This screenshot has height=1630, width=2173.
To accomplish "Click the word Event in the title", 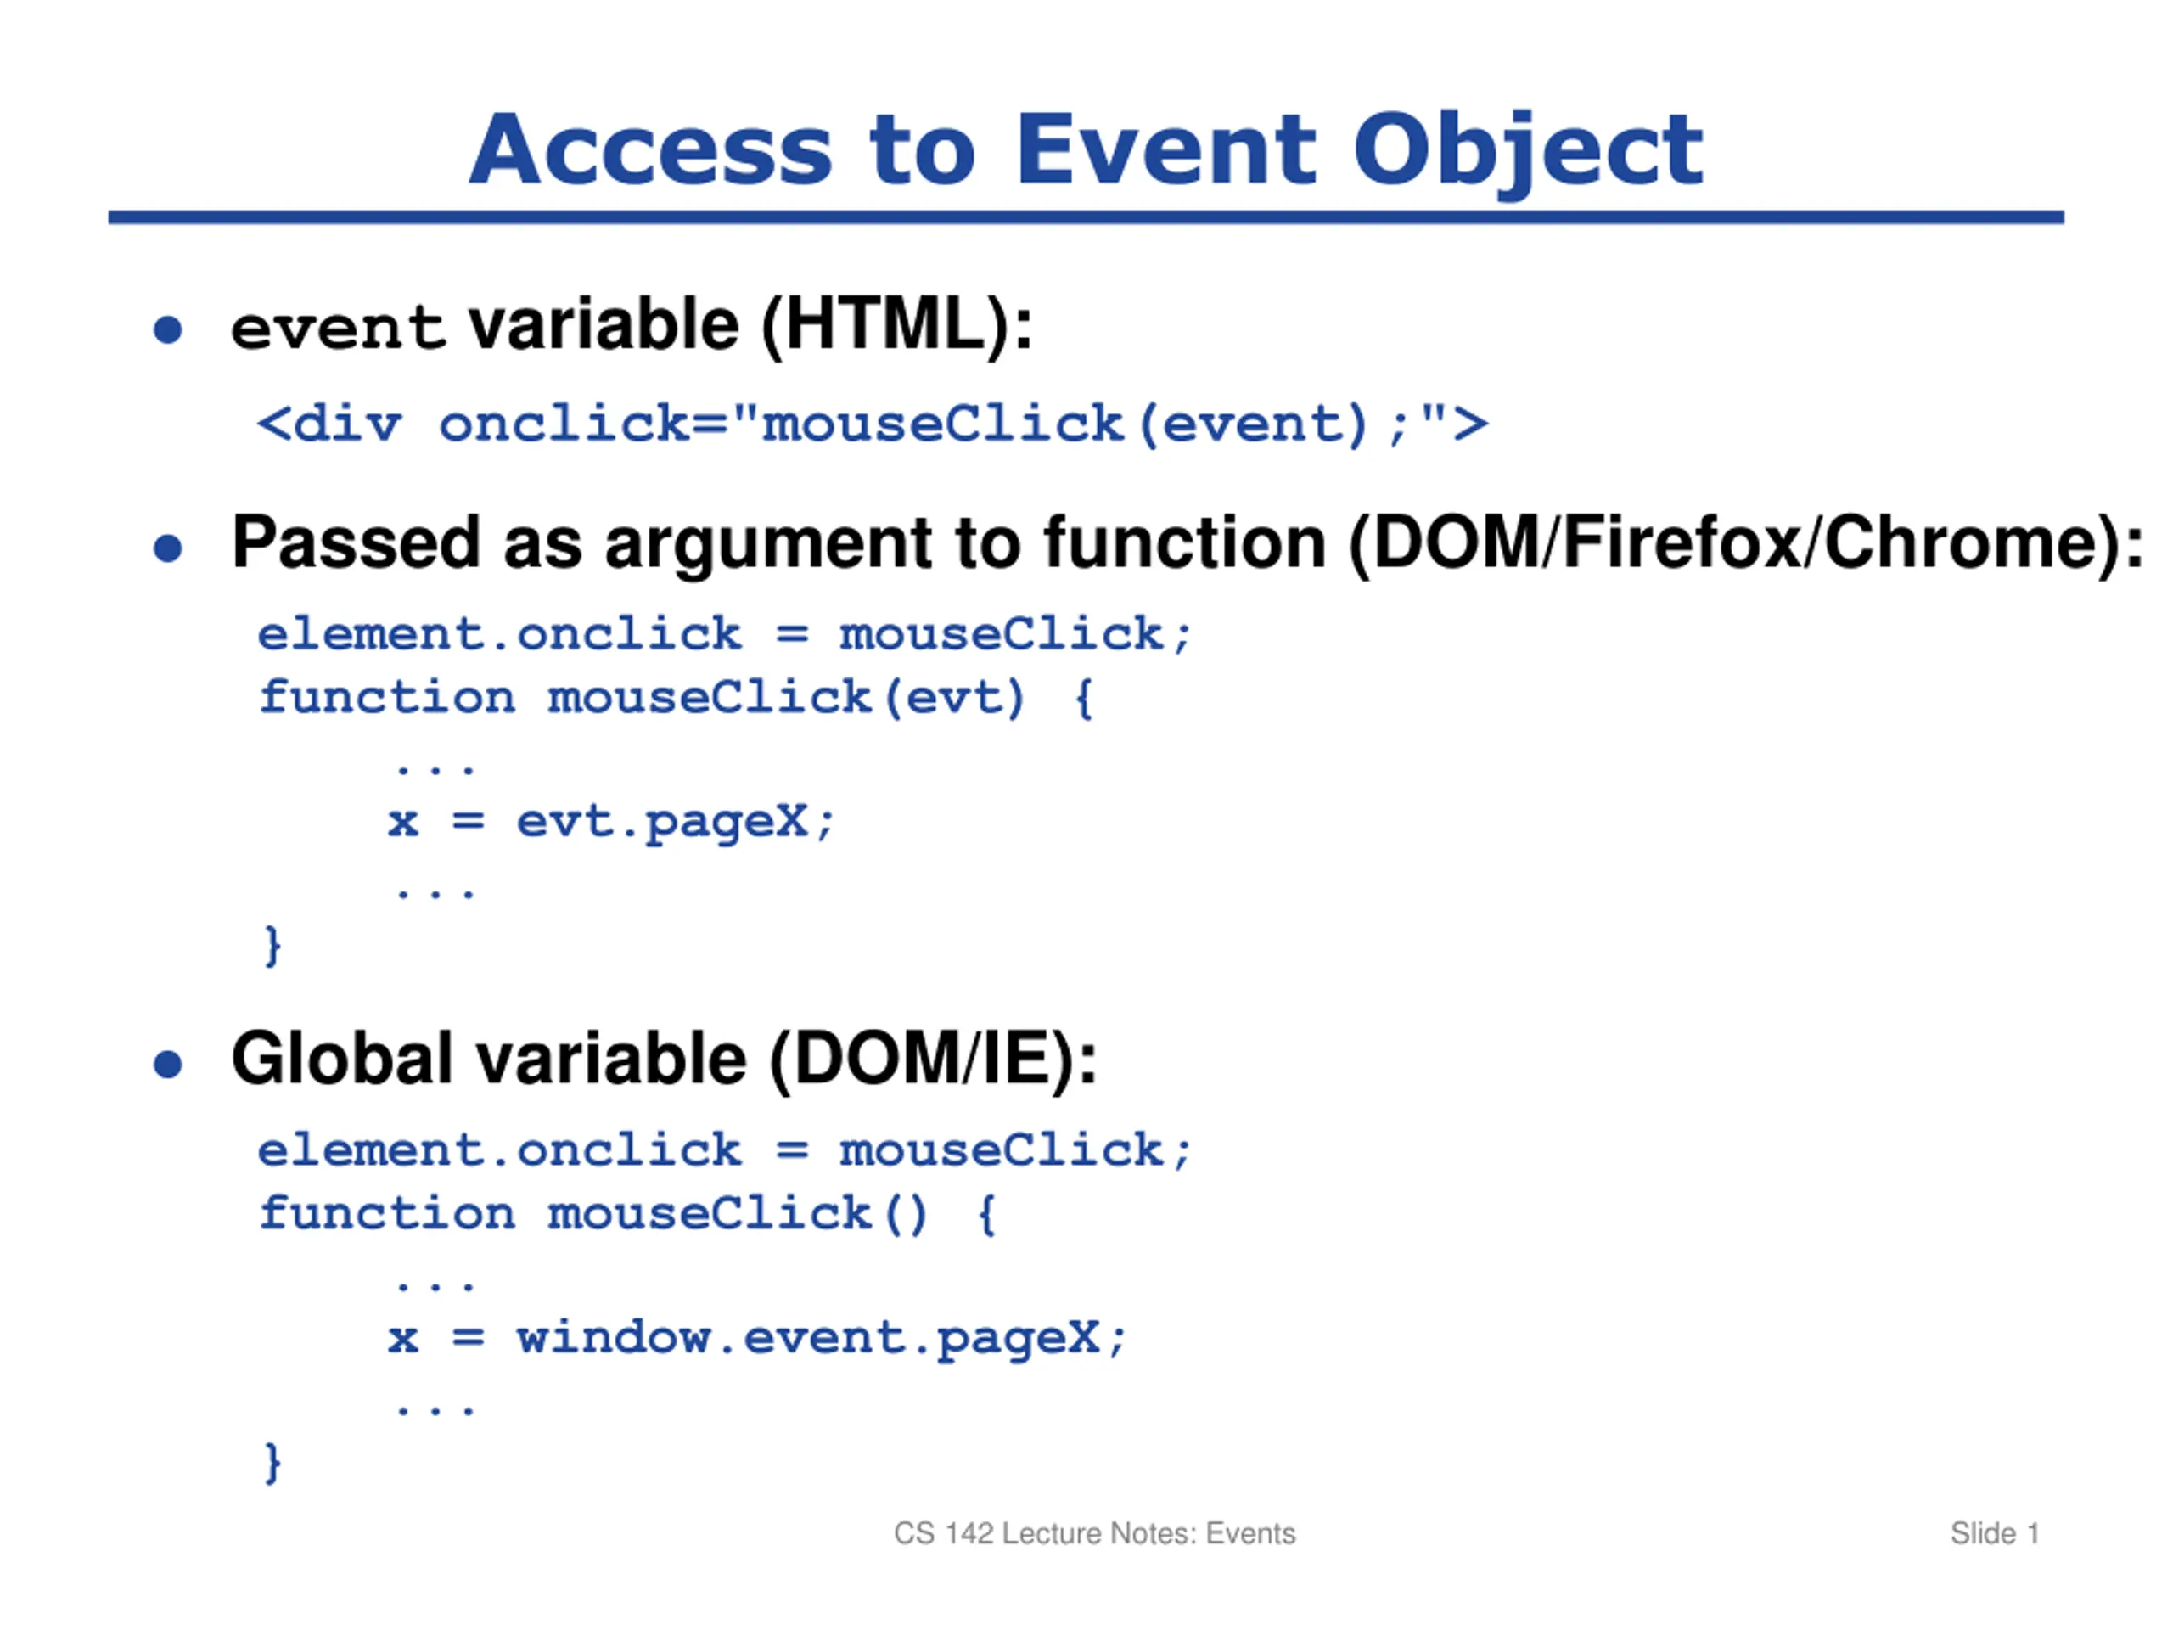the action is [x=1165, y=149].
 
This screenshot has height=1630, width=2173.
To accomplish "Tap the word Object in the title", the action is [x=1528, y=154].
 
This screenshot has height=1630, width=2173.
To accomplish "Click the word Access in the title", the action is [x=651, y=149].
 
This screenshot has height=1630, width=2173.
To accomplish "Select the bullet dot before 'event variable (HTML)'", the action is [x=168, y=329].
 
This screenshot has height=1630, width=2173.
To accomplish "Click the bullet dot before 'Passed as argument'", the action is [x=168, y=548].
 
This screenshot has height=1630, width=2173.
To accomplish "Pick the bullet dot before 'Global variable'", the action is [x=168, y=1064].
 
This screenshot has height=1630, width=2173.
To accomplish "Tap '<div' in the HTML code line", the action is [x=329, y=424].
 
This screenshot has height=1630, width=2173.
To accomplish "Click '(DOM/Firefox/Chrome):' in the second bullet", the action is [x=1746, y=543].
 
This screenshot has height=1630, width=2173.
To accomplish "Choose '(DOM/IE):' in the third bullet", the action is [x=933, y=1060].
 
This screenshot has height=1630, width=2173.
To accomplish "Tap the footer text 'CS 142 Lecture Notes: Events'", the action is [x=1094, y=1534].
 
